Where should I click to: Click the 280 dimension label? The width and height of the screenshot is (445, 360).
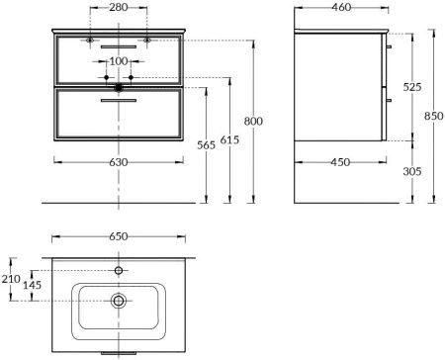(119, 9)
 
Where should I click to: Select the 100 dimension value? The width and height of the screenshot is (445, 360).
(119, 62)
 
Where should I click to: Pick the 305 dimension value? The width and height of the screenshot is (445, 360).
(413, 171)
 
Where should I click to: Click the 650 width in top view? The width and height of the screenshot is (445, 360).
(119, 238)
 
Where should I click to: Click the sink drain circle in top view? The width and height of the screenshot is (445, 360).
(119, 301)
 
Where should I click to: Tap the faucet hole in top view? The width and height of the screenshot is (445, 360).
(119, 269)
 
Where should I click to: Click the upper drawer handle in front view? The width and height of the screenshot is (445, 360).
(119, 46)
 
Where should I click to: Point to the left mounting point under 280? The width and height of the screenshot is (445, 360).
(90, 40)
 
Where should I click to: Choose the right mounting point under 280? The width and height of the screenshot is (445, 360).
(147, 40)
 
